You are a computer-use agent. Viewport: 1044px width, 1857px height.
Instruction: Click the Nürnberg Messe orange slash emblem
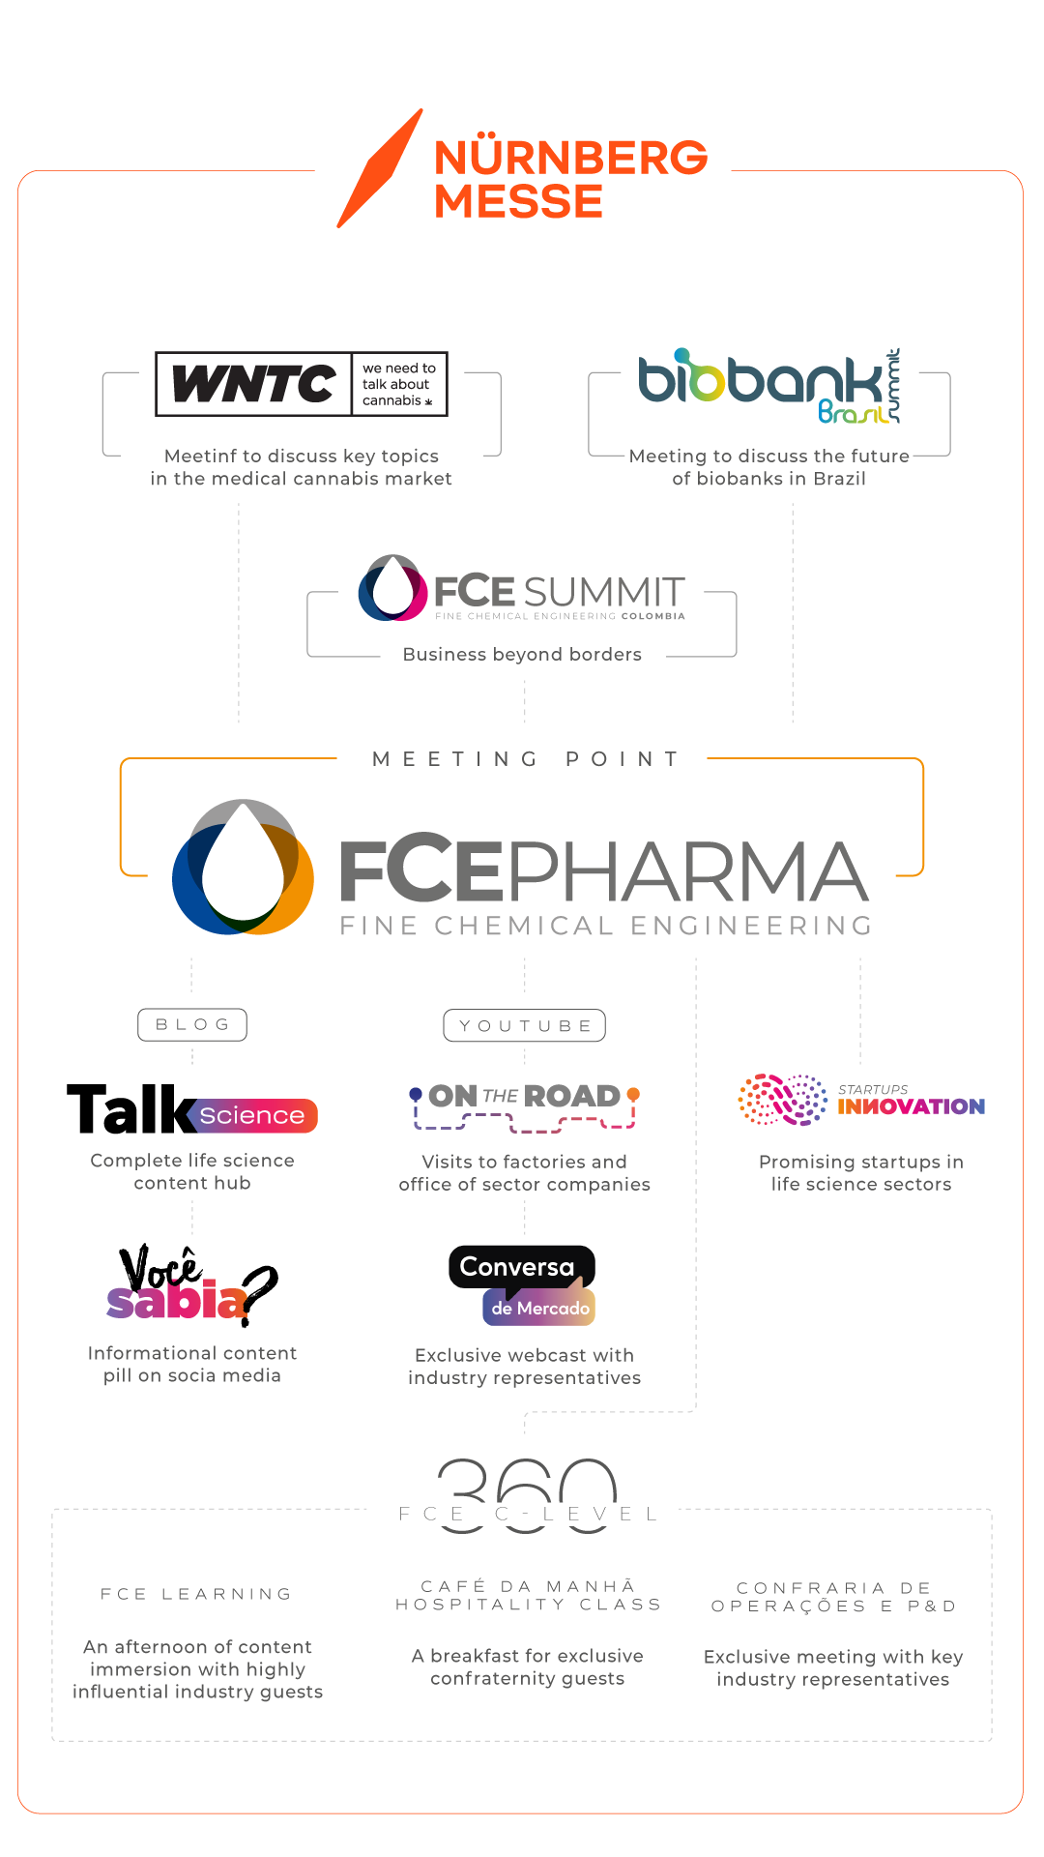point(380,168)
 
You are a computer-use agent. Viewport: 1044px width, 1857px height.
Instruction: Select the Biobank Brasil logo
point(768,386)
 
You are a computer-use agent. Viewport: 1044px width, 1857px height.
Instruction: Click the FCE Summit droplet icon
point(392,588)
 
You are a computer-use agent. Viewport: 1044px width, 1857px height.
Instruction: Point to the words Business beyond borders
point(522,655)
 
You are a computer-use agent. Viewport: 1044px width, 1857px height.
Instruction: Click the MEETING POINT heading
point(526,759)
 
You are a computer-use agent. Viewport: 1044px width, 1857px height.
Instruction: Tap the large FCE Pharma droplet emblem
point(243,868)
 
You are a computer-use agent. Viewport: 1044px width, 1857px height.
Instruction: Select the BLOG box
point(192,1025)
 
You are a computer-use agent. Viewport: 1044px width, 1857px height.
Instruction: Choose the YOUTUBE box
point(525,1026)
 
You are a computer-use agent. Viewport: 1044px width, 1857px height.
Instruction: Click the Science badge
point(252,1115)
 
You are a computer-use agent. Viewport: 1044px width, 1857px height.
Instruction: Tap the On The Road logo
point(524,1105)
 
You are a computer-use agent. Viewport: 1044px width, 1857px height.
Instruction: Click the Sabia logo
point(177,1300)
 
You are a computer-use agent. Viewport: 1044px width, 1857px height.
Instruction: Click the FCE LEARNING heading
point(196,1594)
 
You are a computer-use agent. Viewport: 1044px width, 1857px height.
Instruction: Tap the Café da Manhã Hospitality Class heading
point(528,1596)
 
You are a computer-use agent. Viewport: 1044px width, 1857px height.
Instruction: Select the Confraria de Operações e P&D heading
point(833,1598)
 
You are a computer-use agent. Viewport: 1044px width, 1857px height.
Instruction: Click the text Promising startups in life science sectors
point(860,1173)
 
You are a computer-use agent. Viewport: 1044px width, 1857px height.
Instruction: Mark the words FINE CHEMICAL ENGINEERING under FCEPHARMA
point(606,927)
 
